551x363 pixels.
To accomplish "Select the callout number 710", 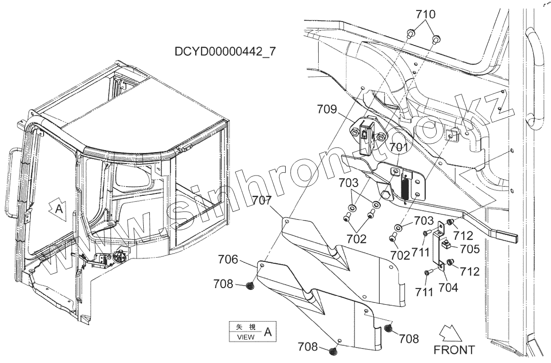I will (x=426, y=15).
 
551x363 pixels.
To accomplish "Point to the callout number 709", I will (x=327, y=110).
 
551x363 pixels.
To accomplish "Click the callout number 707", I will (x=262, y=201).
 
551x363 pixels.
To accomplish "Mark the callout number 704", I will (x=449, y=288).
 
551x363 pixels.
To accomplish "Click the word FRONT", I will (x=454, y=350).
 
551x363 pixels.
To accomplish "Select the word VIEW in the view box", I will (x=246, y=336).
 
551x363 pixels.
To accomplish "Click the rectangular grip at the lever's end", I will (x=508, y=237).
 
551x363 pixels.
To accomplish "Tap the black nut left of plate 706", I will (x=249, y=286).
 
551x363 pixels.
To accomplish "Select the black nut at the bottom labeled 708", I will (x=333, y=351).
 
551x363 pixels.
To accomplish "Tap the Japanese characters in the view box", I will (x=246, y=327).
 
